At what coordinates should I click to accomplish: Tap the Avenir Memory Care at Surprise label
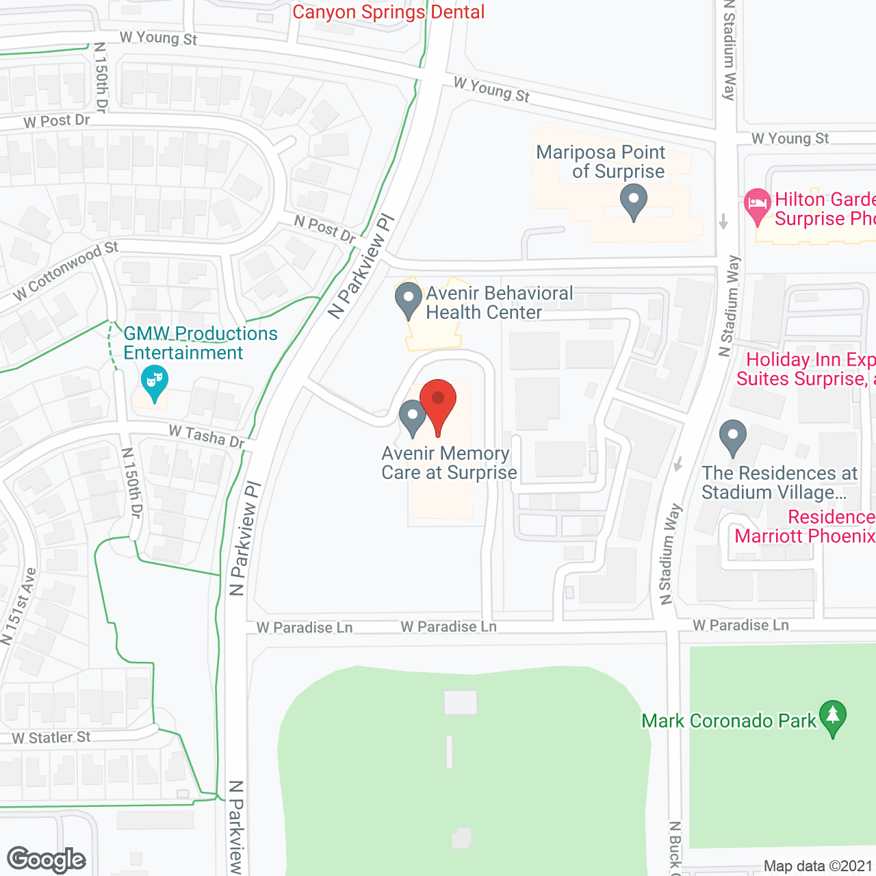point(449,463)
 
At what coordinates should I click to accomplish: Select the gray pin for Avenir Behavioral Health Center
point(409,300)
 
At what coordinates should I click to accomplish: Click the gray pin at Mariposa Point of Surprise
point(634,203)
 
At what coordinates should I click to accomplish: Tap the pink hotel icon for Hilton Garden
point(757,205)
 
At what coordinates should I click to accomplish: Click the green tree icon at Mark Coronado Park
point(832,717)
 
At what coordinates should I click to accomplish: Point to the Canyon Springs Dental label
point(388,12)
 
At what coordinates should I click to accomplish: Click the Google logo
point(47,860)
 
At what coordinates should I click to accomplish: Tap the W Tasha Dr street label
point(207,437)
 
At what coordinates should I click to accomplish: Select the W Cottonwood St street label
point(66,271)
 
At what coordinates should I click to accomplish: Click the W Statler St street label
point(51,738)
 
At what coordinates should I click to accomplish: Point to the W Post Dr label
point(57,121)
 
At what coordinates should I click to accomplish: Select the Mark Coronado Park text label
point(729,721)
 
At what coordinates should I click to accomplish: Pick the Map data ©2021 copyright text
point(818,866)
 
